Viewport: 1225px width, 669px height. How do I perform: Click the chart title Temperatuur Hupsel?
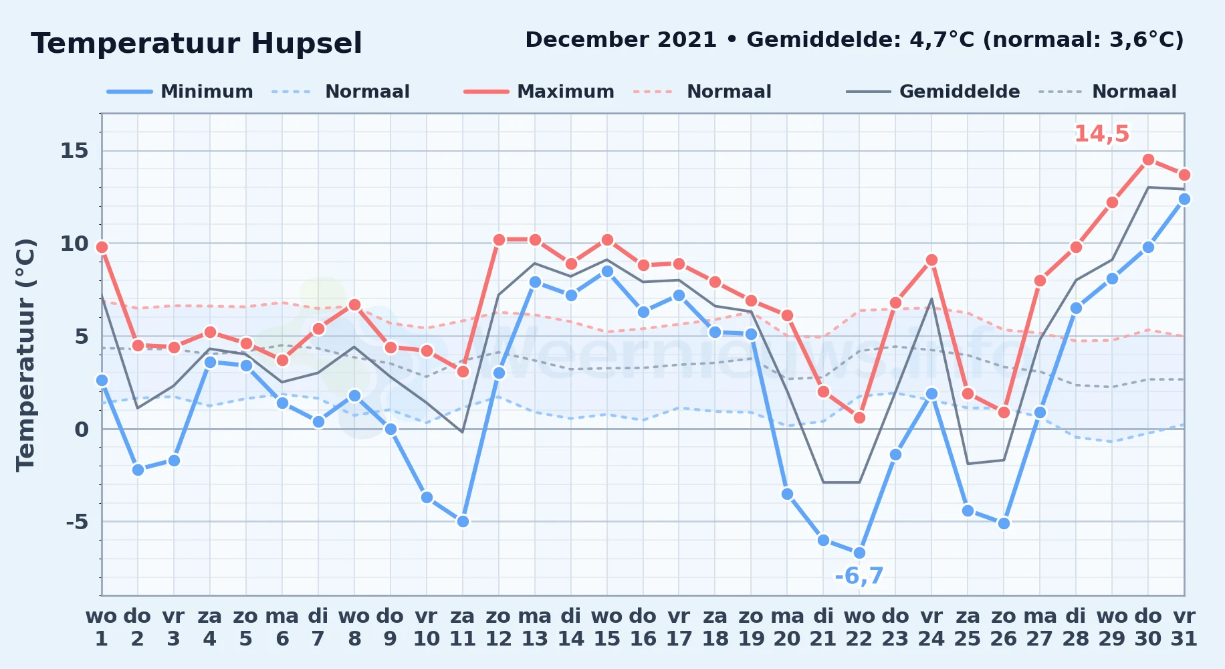[x=197, y=43]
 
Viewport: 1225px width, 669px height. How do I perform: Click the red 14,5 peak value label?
[x=1101, y=134]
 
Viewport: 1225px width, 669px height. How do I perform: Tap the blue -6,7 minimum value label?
[x=859, y=576]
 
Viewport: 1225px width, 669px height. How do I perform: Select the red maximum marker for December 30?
[x=1148, y=160]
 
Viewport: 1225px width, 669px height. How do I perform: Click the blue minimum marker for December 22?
[x=859, y=553]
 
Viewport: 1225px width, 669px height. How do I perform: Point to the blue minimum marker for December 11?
[x=463, y=521]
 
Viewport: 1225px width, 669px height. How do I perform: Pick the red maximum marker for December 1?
[x=102, y=248]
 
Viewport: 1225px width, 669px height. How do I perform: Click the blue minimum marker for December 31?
[x=1184, y=199]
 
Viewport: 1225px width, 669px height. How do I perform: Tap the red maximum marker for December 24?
[x=931, y=260]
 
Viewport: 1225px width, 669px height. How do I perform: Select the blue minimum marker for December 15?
[x=607, y=271]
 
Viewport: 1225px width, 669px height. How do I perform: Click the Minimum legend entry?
[x=180, y=92]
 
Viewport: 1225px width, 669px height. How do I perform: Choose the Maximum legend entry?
[x=539, y=92]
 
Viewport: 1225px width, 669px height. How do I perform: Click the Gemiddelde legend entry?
[x=933, y=92]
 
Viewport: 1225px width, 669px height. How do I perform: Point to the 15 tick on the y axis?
[x=74, y=151]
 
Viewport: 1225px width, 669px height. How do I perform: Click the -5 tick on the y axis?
[x=77, y=521]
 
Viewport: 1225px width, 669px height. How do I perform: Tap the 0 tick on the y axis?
[x=82, y=429]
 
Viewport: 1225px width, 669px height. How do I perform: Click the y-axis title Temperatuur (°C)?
[x=25, y=355]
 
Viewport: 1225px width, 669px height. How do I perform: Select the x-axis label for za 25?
[x=968, y=627]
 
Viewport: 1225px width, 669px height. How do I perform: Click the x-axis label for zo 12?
[x=499, y=627]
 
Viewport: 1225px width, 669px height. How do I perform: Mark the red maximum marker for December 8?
[x=354, y=305]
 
